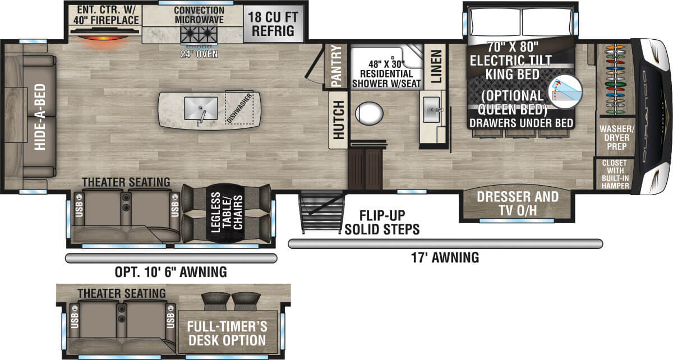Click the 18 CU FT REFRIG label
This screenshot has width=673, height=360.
[x=273, y=24]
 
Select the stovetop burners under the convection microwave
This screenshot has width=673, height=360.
[x=199, y=35]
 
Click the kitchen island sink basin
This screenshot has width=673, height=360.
[x=201, y=108]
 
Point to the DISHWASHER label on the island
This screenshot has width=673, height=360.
[x=239, y=108]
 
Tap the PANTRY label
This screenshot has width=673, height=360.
[x=336, y=66]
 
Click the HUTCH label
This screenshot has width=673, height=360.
[x=339, y=119]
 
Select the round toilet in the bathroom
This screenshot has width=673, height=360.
[x=369, y=114]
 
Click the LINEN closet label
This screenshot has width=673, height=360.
[x=436, y=66]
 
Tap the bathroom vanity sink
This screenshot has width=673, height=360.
[x=431, y=110]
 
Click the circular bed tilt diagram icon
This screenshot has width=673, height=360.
[x=565, y=91]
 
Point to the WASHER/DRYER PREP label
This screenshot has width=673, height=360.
[x=616, y=137]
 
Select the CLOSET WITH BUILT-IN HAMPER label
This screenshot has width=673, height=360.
[x=615, y=174]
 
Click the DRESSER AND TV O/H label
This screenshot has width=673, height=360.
[x=518, y=204]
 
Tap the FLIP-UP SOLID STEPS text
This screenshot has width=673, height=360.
[x=382, y=223]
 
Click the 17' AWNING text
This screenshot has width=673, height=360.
[x=445, y=258]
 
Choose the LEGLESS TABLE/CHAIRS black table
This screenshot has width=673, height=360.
[x=226, y=213]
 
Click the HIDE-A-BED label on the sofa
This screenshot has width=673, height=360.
[x=40, y=117]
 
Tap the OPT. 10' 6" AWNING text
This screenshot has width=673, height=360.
[x=170, y=272]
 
